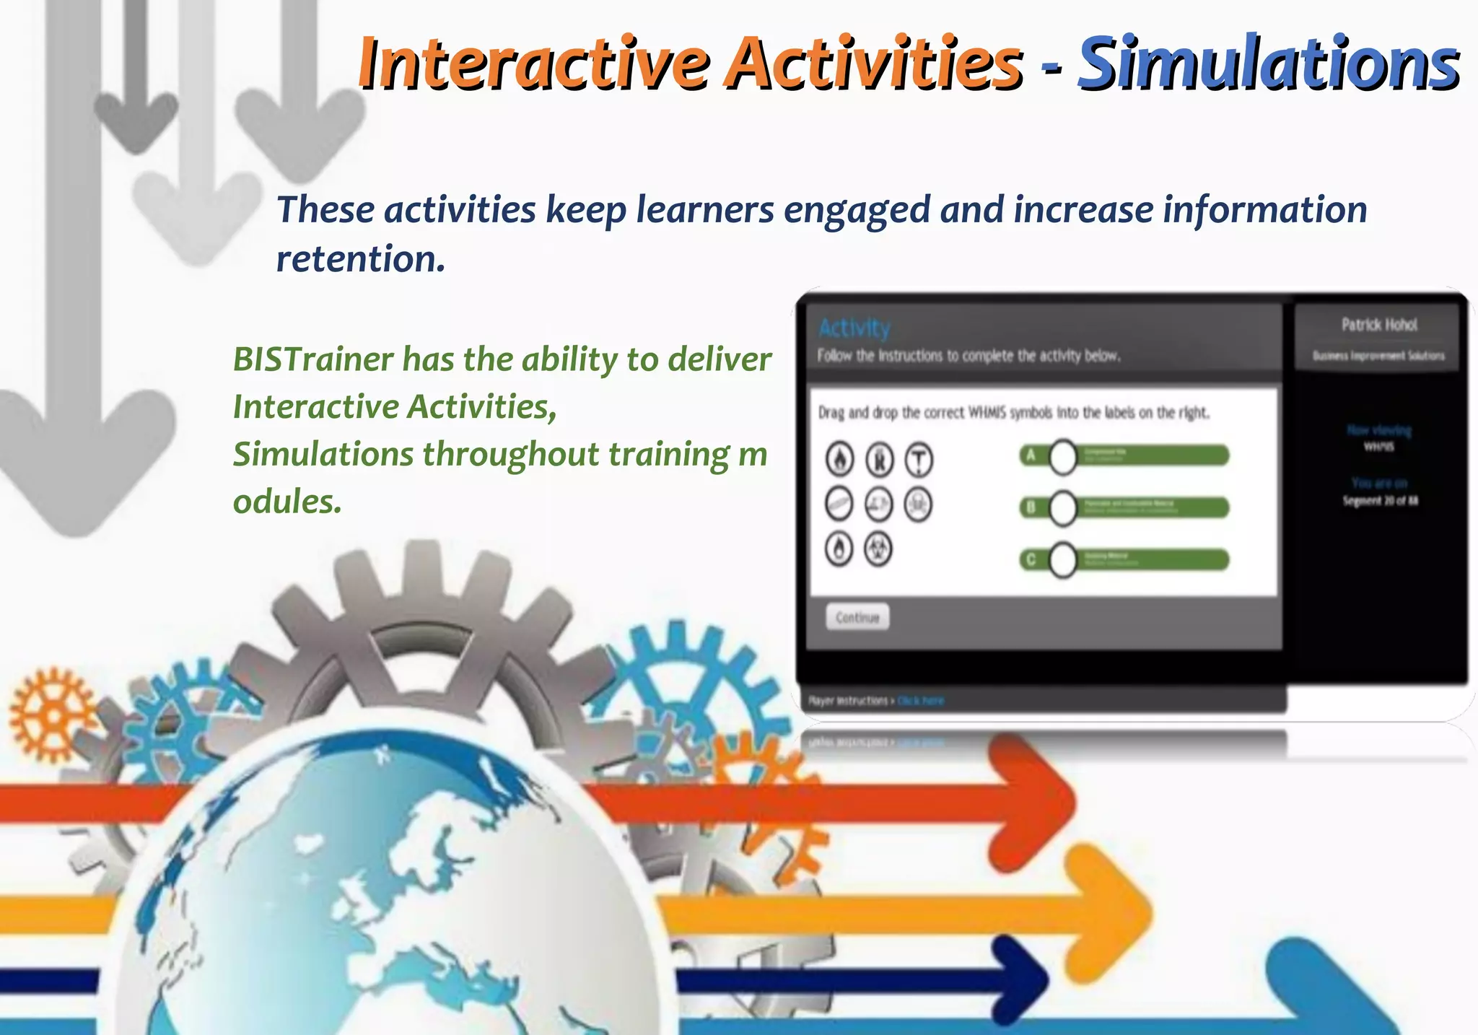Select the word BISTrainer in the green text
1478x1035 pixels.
(313, 359)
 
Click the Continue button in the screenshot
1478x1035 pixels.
(857, 617)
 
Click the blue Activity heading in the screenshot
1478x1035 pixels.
(854, 328)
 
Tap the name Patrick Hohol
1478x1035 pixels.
(1379, 325)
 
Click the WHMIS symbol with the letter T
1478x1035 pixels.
(919, 460)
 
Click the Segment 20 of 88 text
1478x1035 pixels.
(1379, 500)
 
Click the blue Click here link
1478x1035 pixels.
(920, 701)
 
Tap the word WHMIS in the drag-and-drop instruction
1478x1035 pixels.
(987, 413)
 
